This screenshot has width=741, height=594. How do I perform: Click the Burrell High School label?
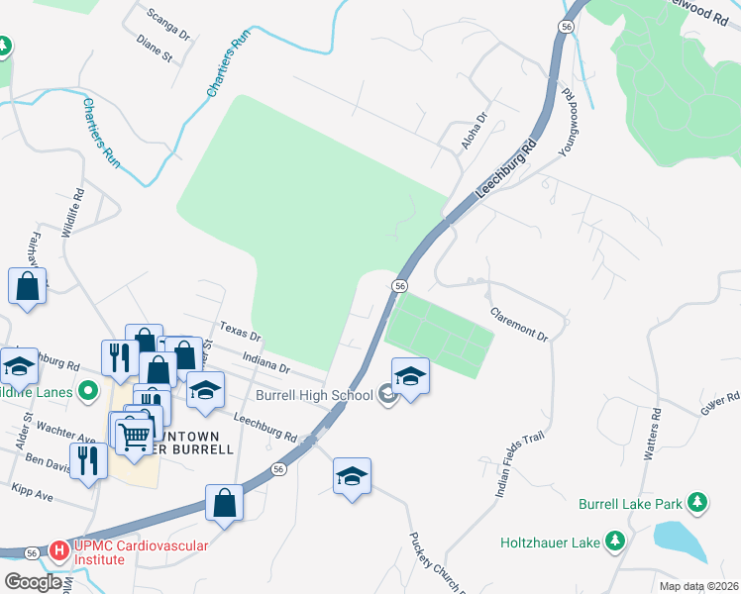314,396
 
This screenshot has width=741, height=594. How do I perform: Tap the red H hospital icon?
58,548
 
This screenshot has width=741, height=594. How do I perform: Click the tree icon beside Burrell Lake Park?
697,503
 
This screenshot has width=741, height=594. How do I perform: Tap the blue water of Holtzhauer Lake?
683,543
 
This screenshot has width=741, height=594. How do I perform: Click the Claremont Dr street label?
520,324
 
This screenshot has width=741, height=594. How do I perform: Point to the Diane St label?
156,50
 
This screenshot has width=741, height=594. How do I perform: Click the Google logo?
34,582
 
